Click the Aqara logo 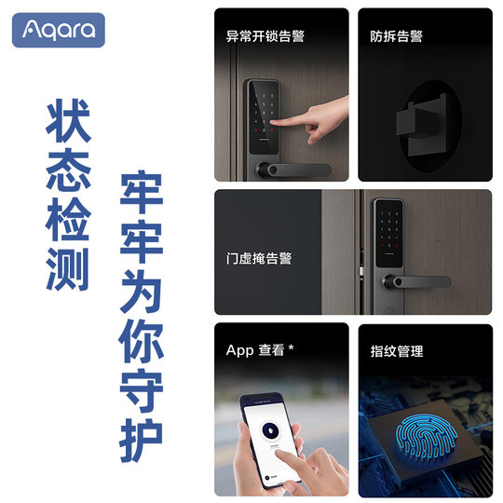pyautogui.click(x=58, y=30)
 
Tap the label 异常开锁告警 pyautogui.click(x=265, y=36)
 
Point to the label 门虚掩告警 pyautogui.click(x=259, y=258)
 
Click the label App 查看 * pyautogui.click(x=260, y=351)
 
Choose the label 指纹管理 pyautogui.click(x=397, y=351)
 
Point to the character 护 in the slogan pyautogui.click(x=143, y=437)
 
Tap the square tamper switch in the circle pyautogui.click(x=423, y=122)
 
